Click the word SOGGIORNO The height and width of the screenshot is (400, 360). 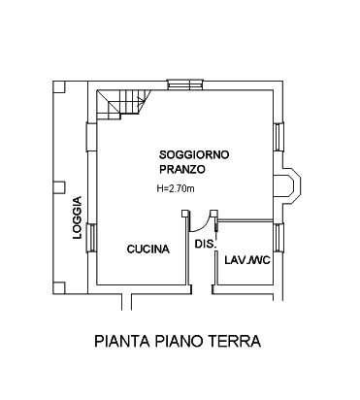pyautogui.click(x=194, y=154)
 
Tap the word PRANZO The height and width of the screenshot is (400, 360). pyautogui.click(x=182, y=169)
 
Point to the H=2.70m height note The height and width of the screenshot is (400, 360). pyautogui.click(x=176, y=188)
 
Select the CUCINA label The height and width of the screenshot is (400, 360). pyautogui.click(x=148, y=250)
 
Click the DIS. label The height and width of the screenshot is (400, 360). pyautogui.click(x=205, y=244)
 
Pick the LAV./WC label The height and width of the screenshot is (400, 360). pyautogui.click(x=247, y=260)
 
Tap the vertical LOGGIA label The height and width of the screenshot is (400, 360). pyautogui.click(x=77, y=217)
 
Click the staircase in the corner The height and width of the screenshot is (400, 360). pyautogui.click(x=124, y=104)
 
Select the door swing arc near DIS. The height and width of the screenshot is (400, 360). pyautogui.click(x=200, y=226)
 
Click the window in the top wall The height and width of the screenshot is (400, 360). pyautogui.click(x=185, y=84)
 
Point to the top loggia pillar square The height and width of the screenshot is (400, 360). pyautogui.click(x=59, y=86)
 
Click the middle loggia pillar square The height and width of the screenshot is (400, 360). pyautogui.click(x=59, y=187)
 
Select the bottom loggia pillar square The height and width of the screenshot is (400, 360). pyautogui.click(x=59, y=287)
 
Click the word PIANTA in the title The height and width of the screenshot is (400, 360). pyautogui.click(x=122, y=341)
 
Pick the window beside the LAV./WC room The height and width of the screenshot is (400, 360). pyautogui.click(x=278, y=237)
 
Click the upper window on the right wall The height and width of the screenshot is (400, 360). pyautogui.click(x=278, y=137)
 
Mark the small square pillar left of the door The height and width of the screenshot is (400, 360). pyautogui.click(x=184, y=213)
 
